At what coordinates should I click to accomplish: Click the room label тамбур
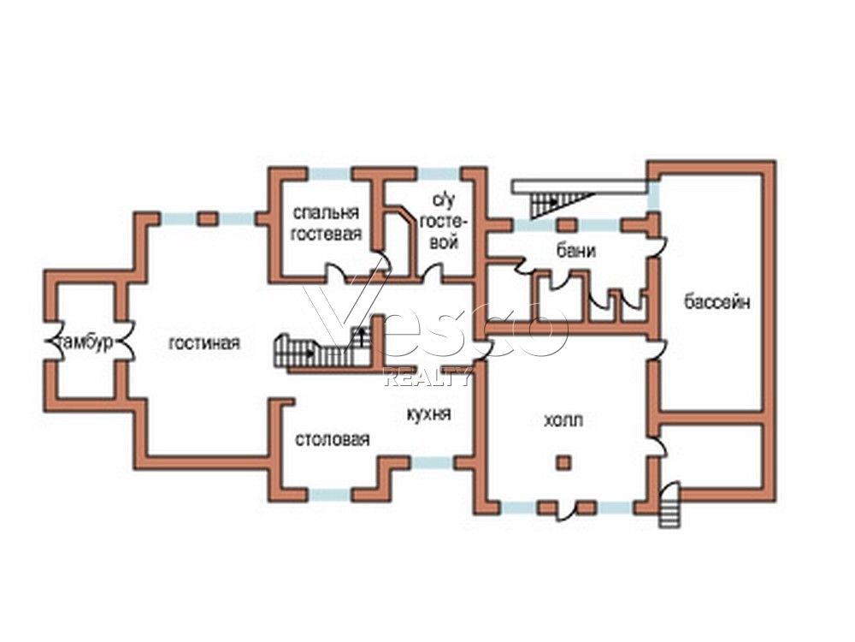pyautogui.click(x=86, y=343)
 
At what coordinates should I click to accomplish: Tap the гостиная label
pyautogui.click(x=204, y=343)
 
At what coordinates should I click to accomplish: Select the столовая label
pyautogui.click(x=333, y=439)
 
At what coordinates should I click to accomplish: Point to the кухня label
pyautogui.click(x=429, y=413)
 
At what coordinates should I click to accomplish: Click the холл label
pyautogui.click(x=563, y=420)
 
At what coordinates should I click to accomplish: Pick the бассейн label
pyautogui.click(x=717, y=301)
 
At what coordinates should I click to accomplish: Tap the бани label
pyautogui.click(x=575, y=251)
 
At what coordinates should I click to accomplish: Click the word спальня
pyautogui.click(x=326, y=212)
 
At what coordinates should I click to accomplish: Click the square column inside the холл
pyautogui.click(x=563, y=463)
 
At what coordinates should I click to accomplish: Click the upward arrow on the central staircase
pyautogui.click(x=361, y=336)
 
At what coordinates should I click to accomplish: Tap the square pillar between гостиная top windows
pyautogui.click(x=208, y=219)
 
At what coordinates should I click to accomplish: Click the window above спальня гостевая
pyautogui.click(x=331, y=174)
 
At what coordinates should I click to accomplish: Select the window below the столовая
pyautogui.click(x=330, y=495)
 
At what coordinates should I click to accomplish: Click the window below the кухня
pyautogui.click(x=433, y=463)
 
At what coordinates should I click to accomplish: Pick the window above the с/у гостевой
pyautogui.click(x=439, y=174)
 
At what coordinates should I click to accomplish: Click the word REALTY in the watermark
pyautogui.click(x=427, y=377)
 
